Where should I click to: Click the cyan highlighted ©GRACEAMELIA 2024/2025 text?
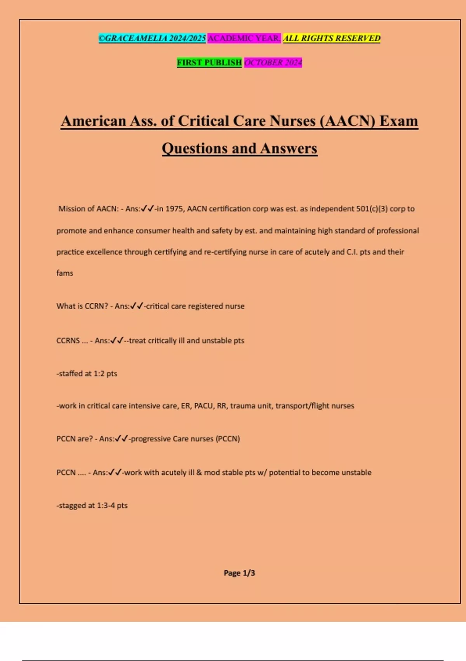pyautogui.click(x=152, y=38)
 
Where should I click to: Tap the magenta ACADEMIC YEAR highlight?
pyautogui.click(x=244, y=38)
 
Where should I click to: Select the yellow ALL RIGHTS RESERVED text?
pyautogui.click(x=332, y=38)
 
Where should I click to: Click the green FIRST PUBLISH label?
pyautogui.click(x=209, y=62)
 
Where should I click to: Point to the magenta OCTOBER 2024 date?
pyautogui.click(x=273, y=62)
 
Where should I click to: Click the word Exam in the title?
pyautogui.click(x=398, y=121)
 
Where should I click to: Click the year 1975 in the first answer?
pyautogui.click(x=174, y=209)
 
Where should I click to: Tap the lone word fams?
pyautogui.click(x=65, y=273)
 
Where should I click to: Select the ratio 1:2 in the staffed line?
pyautogui.click(x=99, y=374)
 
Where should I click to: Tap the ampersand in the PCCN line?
pyautogui.click(x=199, y=473)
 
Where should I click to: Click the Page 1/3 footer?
pyautogui.click(x=239, y=573)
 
